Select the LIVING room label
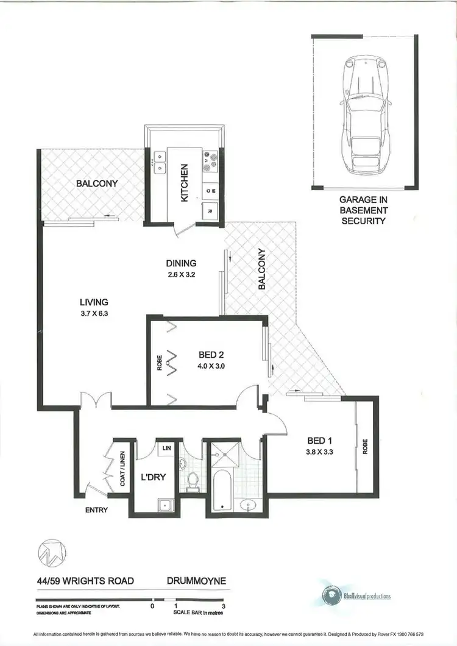94,302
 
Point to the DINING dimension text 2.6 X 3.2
182,274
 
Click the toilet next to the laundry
193,481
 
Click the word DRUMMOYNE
196,581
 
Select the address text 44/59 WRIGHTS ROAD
84,581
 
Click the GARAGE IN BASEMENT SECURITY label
363,210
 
